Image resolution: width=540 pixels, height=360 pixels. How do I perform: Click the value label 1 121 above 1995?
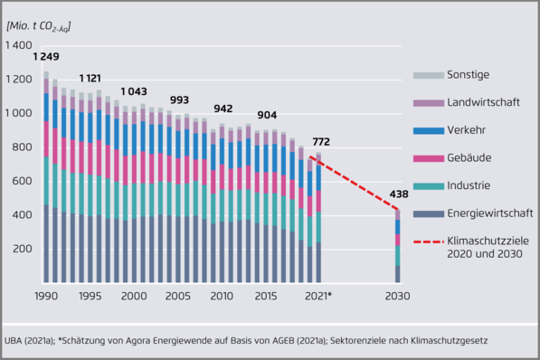[x=91, y=79]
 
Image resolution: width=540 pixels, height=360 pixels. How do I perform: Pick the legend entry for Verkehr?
[x=469, y=130]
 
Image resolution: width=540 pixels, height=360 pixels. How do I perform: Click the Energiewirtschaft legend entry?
[x=489, y=213]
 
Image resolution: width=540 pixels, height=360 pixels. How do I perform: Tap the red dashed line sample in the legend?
[x=427, y=242]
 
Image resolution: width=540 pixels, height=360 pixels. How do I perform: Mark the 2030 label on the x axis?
[x=396, y=297]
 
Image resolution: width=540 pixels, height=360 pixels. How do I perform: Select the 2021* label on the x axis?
[x=317, y=297]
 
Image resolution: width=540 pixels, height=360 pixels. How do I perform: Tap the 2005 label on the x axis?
[x=177, y=297]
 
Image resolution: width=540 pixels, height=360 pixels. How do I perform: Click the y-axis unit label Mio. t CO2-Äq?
[x=38, y=25]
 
